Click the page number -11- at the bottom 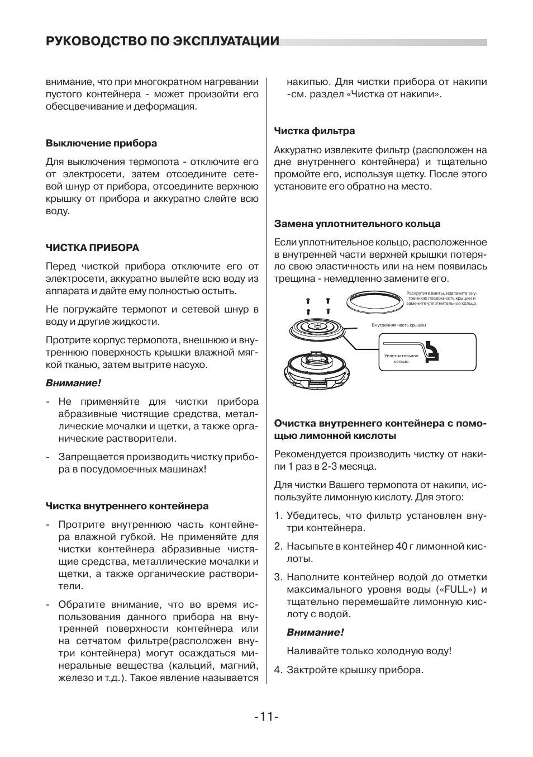point(266,716)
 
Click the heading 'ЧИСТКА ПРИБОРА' point(92,248)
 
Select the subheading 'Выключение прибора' point(101,143)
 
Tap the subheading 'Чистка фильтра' point(314,131)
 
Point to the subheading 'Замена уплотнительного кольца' point(357,224)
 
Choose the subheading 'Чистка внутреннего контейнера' point(127,506)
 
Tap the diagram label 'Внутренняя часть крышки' point(399,325)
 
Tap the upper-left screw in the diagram point(308,301)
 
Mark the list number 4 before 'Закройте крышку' point(277,669)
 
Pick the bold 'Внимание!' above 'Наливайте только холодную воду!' point(315,632)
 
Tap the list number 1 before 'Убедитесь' point(277,515)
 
